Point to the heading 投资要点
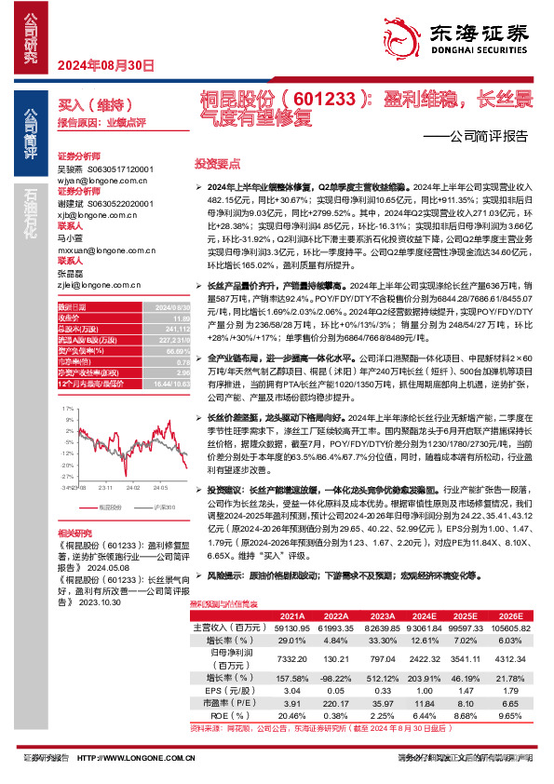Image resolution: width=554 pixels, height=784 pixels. tap(215, 162)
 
